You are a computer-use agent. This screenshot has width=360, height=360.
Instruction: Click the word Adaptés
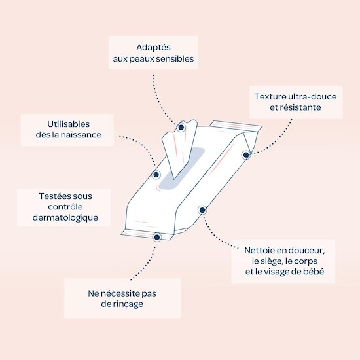(153, 48)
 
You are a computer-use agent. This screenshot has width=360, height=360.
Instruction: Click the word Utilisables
(69, 124)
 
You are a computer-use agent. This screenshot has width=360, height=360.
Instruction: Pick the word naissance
(81, 135)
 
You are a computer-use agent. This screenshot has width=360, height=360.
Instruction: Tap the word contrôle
(65, 207)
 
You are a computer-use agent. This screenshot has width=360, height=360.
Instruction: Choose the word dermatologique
(65, 218)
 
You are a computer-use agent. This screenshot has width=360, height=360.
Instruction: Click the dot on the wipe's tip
(181, 127)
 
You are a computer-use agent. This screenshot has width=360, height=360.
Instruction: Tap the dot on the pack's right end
(246, 155)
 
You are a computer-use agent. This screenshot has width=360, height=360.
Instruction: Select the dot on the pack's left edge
(156, 175)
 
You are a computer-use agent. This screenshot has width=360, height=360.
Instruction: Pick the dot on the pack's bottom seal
(157, 237)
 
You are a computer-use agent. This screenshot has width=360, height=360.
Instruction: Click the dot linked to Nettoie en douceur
(202, 210)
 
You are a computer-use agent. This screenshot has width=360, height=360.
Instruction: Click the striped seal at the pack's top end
(236, 126)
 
